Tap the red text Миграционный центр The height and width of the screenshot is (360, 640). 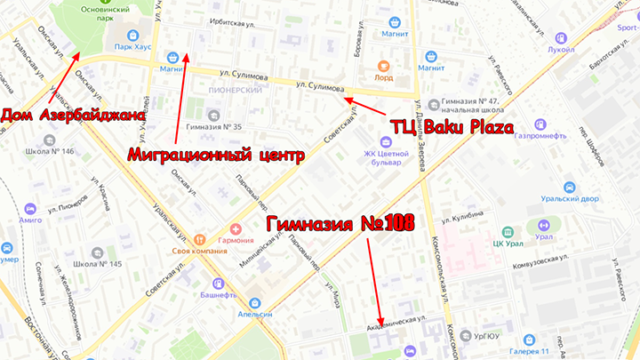216,155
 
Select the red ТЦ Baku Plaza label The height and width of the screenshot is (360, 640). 452,128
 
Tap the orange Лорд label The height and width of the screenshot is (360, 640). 384,78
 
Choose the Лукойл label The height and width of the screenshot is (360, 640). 561,50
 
